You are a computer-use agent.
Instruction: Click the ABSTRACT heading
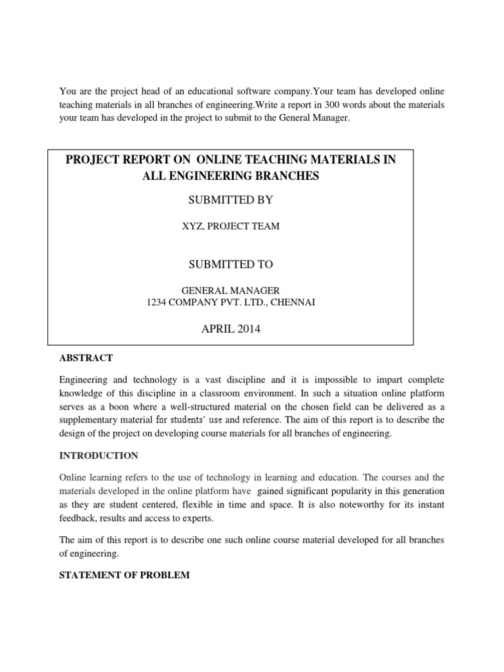pyautogui.click(x=86, y=358)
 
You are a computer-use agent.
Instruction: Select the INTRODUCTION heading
pyautogui.click(x=98, y=455)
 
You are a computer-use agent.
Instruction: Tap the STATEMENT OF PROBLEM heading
pyautogui.click(x=124, y=575)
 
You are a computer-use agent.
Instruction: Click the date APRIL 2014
pyautogui.click(x=230, y=329)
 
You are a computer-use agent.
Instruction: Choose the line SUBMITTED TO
pyautogui.click(x=230, y=264)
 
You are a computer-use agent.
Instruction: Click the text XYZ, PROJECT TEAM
pyautogui.click(x=230, y=226)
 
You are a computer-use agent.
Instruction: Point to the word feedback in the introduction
pyautogui.click(x=79, y=518)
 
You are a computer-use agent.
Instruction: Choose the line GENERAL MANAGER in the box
pyautogui.click(x=230, y=289)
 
